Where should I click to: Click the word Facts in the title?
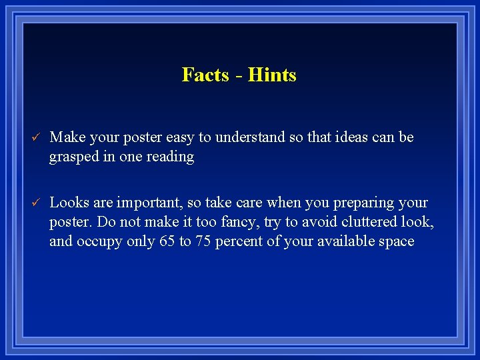(205, 75)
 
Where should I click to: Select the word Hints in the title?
(272, 75)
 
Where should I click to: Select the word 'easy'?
(179, 138)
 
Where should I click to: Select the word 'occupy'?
(100, 241)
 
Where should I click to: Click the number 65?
(167, 241)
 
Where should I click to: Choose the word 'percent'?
(240, 241)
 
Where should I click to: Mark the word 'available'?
(342, 241)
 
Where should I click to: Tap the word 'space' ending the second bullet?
(396, 242)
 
